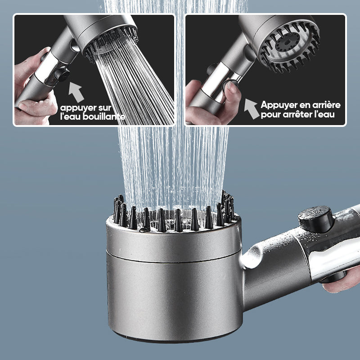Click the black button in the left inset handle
(x=61, y=74)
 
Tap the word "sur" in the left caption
(x=104, y=108)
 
